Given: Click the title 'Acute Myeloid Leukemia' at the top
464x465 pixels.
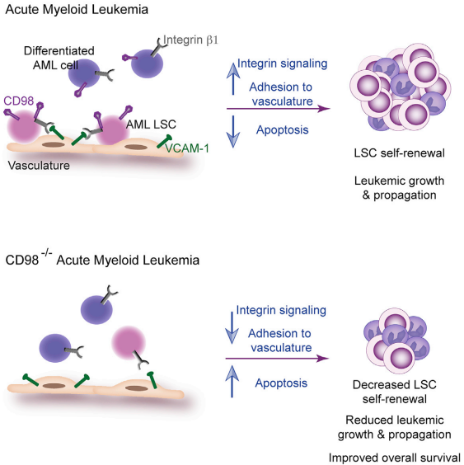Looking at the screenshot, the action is [77, 10].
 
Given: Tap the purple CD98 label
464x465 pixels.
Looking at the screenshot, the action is [19, 101].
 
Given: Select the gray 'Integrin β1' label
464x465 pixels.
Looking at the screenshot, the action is [190, 40].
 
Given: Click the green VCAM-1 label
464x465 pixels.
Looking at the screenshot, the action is [187, 148].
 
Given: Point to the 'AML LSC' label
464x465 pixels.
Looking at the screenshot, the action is [151, 124].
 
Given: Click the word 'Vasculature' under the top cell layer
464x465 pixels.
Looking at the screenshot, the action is [39, 166].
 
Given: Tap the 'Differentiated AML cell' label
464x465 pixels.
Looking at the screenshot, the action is [59, 58].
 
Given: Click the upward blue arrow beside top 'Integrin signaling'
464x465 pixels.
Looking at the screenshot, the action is [233, 78].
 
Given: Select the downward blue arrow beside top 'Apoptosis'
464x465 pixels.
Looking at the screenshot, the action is [233, 131].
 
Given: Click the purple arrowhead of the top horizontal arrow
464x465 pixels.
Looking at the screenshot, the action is [324, 109].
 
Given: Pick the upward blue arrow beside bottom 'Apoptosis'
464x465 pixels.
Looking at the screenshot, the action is [232, 382].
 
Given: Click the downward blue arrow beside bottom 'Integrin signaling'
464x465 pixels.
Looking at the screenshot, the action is [232, 327].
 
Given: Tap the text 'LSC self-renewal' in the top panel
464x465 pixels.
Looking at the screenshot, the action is [400, 153].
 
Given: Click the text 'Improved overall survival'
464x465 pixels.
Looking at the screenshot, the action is [395, 458].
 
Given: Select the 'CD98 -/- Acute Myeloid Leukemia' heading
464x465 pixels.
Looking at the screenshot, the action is [102, 259].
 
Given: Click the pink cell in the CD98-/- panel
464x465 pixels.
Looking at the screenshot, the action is [129, 342].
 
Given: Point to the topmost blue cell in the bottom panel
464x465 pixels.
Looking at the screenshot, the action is [96, 309].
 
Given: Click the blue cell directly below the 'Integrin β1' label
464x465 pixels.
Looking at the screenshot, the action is [147, 63].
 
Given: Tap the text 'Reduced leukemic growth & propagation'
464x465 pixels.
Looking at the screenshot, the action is [395, 427].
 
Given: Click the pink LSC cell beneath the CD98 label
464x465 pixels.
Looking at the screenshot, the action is [23, 127].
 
